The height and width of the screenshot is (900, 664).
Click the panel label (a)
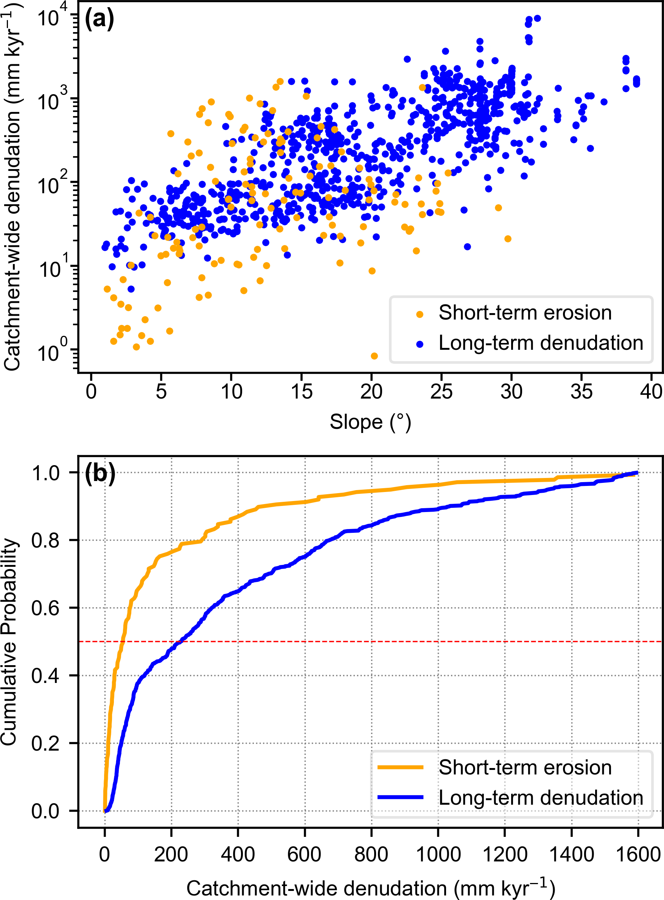click(x=99, y=19)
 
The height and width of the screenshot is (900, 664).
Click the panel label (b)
click(x=100, y=473)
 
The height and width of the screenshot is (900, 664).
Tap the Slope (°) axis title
click(x=370, y=422)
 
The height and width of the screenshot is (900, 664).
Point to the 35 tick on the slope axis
click(x=581, y=391)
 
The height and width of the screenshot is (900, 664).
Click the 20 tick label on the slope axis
click(x=371, y=391)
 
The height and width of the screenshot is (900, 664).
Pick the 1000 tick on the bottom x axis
click(x=438, y=854)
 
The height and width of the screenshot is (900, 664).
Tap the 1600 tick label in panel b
click(x=638, y=854)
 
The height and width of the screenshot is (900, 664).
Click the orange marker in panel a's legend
click(x=420, y=314)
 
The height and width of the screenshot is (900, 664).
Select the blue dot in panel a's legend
click(x=420, y=344)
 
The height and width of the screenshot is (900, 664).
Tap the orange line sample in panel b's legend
click(x=400, y=767)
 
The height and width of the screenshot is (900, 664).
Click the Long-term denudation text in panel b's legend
click(x=541, y=798)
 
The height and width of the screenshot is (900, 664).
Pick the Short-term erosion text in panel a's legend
click(x=525, y=313)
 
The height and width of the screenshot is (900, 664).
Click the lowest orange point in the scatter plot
click(x=374, y=356)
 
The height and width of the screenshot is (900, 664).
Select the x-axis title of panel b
click(x=370, y=888)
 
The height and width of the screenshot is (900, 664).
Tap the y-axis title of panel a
click(x=12, y=187)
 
